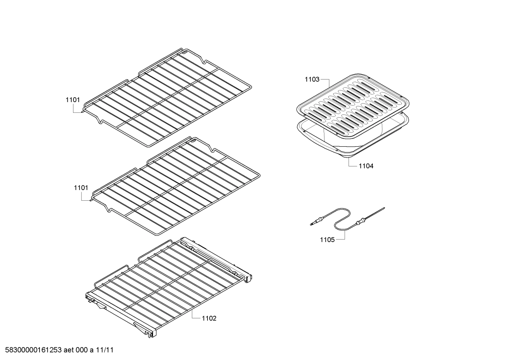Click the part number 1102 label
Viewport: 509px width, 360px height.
209,318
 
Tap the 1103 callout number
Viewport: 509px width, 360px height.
312,79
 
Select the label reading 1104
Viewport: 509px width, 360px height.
366,166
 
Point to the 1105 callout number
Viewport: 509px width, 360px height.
327,240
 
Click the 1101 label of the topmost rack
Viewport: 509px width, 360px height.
73,100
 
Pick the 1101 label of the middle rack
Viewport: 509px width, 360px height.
81,188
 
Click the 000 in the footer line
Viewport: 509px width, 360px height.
82,350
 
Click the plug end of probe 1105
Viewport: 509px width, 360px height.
313,223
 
